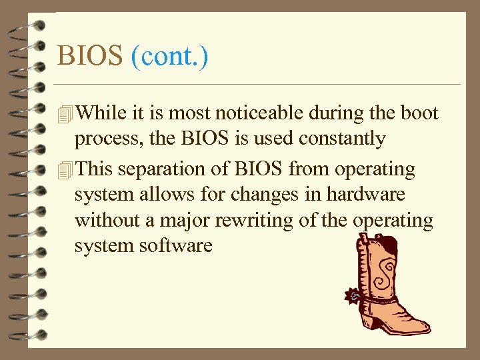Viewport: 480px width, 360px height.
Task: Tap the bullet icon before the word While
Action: click(64, 115)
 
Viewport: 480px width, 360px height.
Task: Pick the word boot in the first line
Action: click(419, 113)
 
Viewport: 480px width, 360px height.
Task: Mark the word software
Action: click(175, 246)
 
